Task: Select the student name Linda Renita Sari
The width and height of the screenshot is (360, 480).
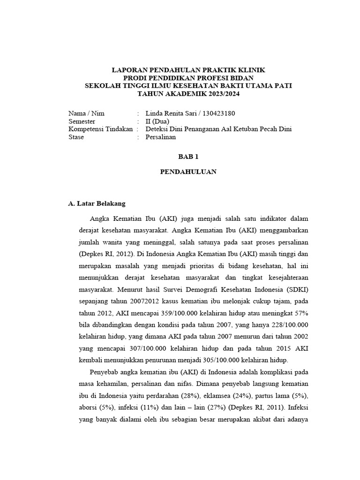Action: pos(172,113)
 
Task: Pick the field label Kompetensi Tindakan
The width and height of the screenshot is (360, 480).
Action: pos(100,129)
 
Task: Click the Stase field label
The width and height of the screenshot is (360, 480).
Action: pos(76,137)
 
